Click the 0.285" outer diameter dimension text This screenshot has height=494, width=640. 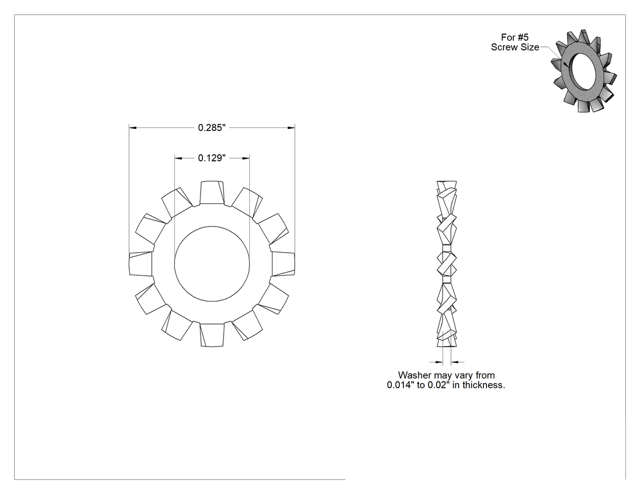[212, 128]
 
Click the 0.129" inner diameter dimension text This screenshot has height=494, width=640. [212, 158]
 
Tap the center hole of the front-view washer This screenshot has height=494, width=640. [212, 264]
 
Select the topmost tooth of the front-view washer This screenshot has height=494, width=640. [212, 192]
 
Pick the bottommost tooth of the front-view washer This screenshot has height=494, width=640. [212, 335]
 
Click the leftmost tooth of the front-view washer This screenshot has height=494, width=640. [141, 264]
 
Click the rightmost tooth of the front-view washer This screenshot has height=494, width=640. [283, 264]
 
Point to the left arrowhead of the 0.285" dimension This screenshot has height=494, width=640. [133, 128]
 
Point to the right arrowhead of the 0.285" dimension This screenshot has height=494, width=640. [291, 128]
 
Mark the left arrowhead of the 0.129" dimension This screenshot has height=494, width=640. [179, 158]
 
